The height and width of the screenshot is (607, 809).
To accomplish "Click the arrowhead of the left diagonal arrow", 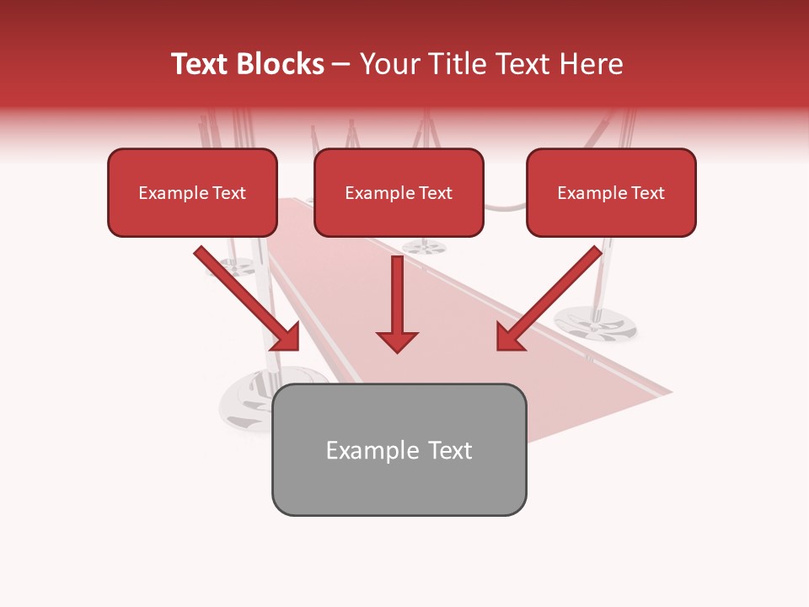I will pos(287,336).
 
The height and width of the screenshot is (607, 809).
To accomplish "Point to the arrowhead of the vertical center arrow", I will pos(397,341).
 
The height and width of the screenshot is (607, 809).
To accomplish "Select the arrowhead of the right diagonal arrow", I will pos(509,336).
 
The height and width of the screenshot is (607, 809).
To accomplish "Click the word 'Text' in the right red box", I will pos(647,193).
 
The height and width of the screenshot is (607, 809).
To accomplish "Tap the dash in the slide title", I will pos(341,64).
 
